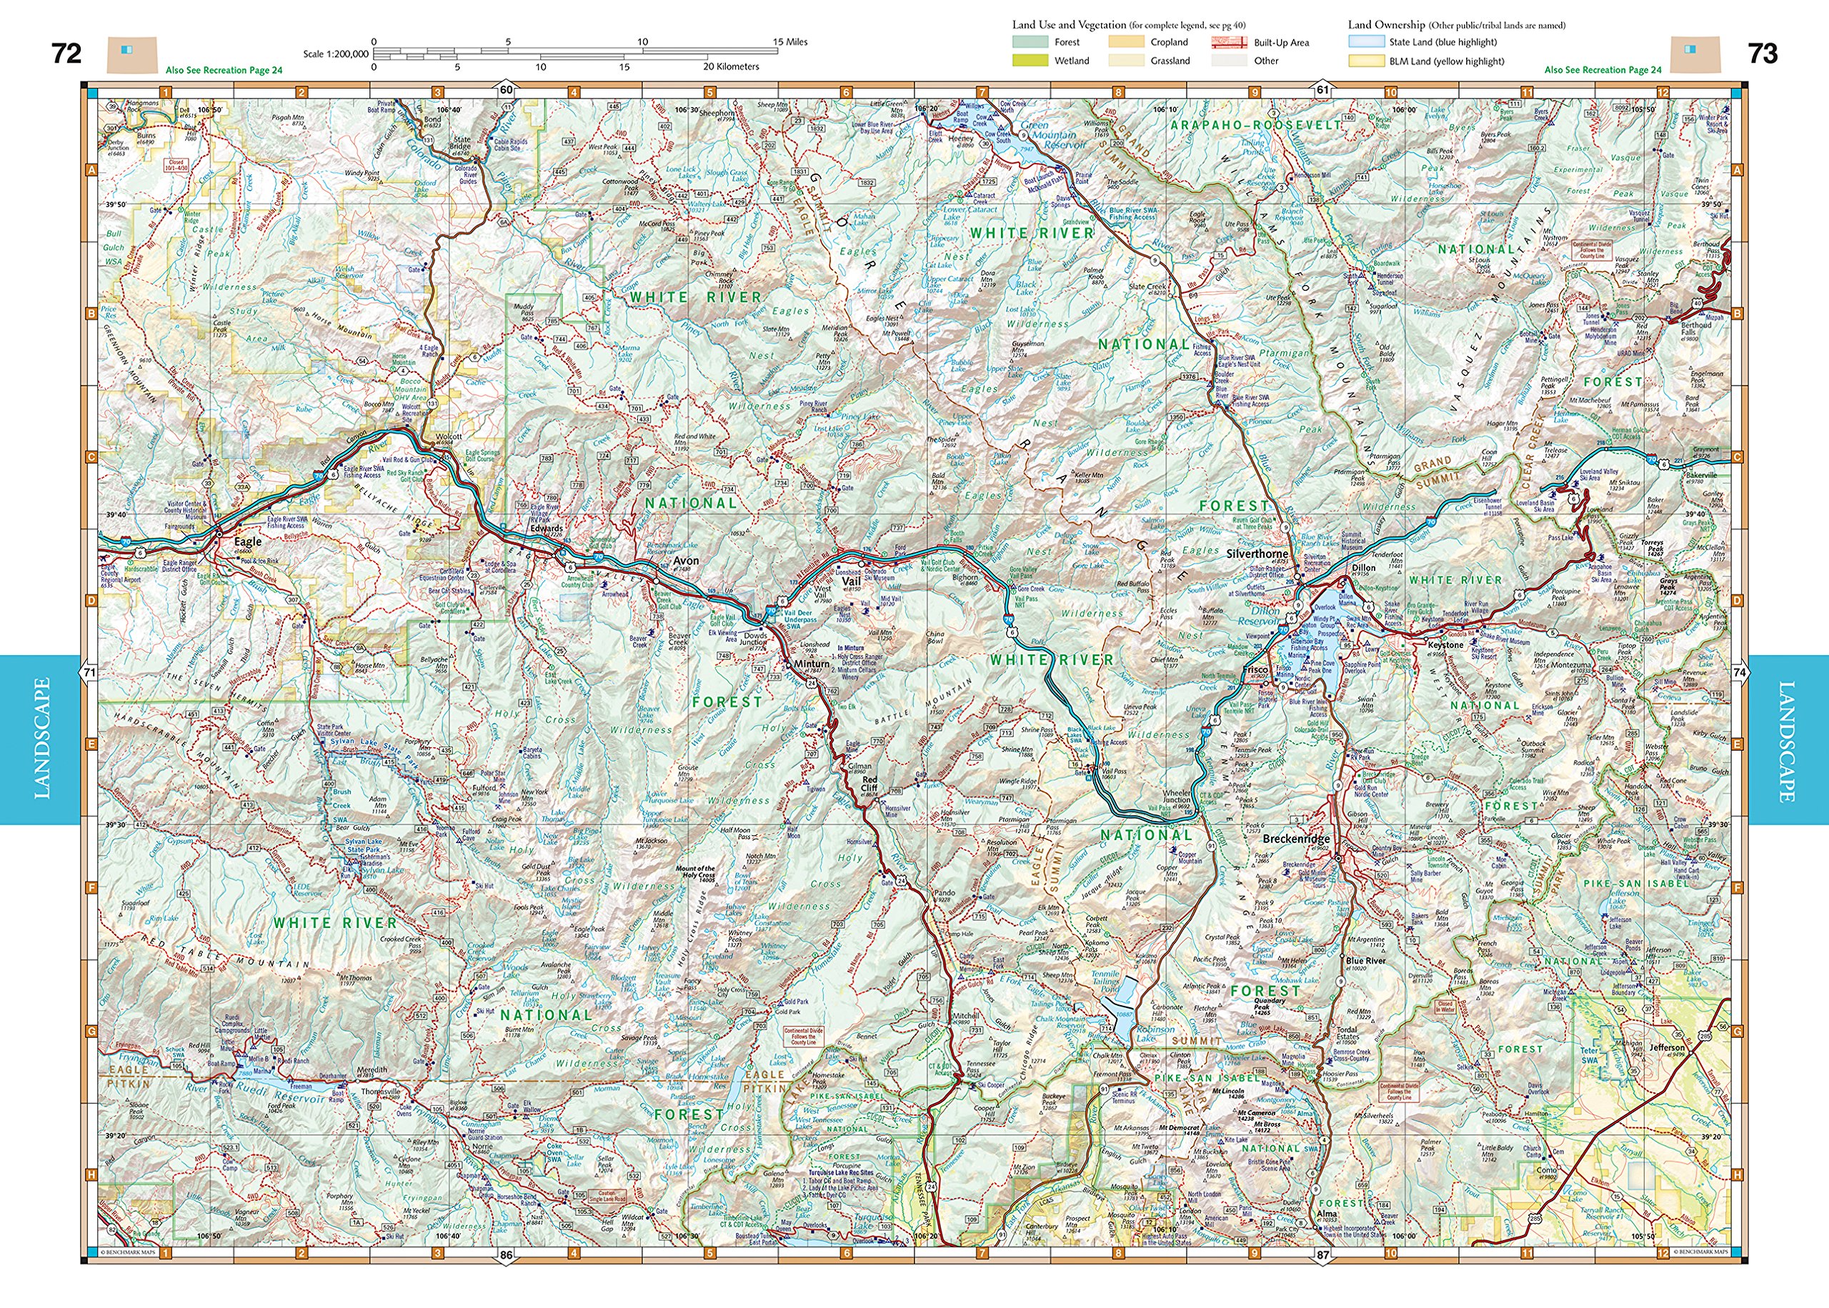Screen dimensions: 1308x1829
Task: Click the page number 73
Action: (1762, 53)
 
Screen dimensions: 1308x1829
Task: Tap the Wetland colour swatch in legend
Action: (1030, 61)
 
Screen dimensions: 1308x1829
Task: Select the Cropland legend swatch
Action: (1126, 42)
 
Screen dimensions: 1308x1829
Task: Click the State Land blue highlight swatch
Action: (1366, 42)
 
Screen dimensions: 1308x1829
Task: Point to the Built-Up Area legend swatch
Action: (1228, 43)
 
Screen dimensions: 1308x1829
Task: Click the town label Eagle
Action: (247, 542)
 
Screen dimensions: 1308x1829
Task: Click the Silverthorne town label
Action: (1257, 554)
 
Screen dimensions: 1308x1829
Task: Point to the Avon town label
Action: (686, 561)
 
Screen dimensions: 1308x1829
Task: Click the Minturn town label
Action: (811, 664)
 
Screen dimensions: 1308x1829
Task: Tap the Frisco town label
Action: (1255, 669)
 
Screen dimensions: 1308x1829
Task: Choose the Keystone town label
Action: (1445, 644)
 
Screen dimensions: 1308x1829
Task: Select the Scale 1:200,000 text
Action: (335, 54)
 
